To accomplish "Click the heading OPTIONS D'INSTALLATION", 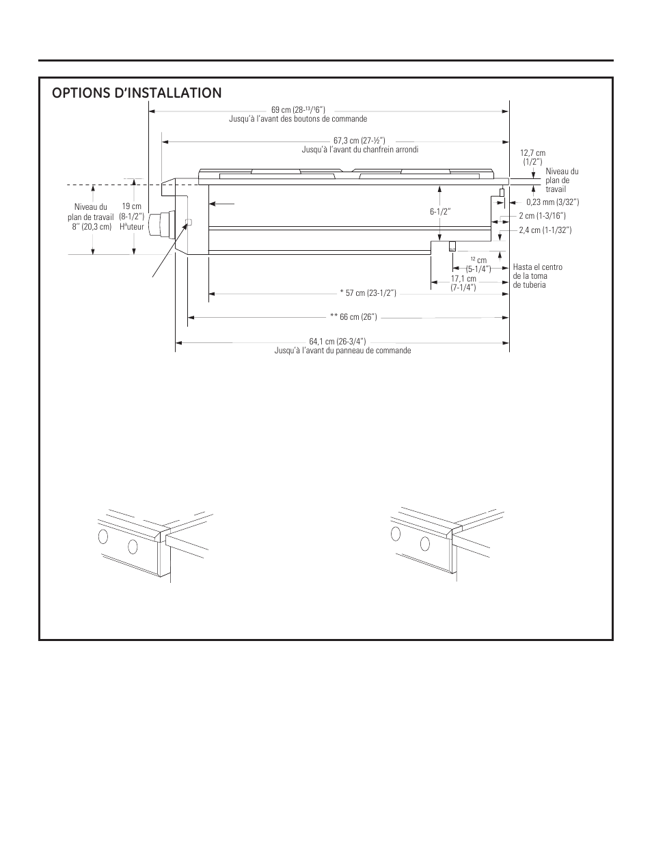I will [x=137, y=93].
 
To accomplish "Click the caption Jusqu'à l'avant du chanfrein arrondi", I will [x=359, y=150].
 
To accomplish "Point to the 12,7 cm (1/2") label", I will [x=532, y=157].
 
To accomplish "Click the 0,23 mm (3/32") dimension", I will [x=552, y=202].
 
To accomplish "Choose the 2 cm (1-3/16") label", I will [x=542, y=216].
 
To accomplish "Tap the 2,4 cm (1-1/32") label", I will [x=545, y=230].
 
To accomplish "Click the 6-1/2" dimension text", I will [x=440, y=212].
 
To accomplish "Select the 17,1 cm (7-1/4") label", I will [x=463, y=283].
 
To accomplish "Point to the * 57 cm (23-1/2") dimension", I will [x=368, y=293].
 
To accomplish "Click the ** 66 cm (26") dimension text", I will [x=353, y=317].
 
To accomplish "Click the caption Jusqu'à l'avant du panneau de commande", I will [x=342, y=351].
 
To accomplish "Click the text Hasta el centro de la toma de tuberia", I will [x=537, y=276].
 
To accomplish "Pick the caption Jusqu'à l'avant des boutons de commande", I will [x=298, y=119].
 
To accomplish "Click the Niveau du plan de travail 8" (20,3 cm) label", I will [x=91, y=217].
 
